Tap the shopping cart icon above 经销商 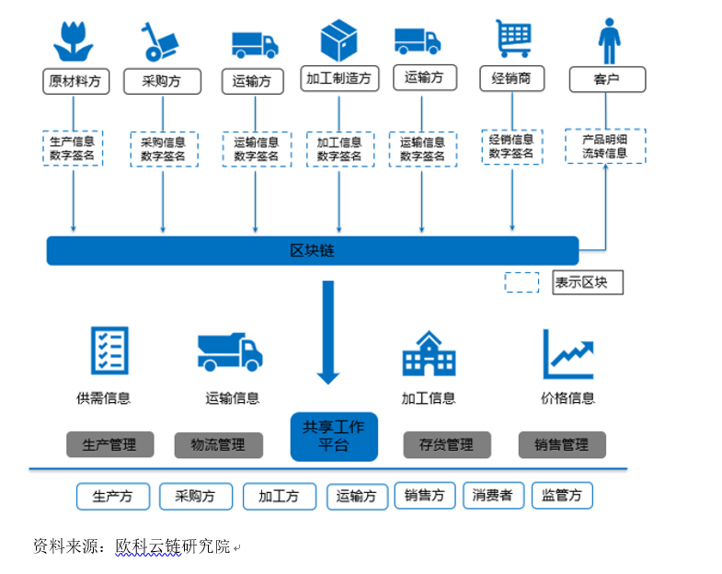point(512,40)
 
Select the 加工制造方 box point(339,78)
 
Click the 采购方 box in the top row point(161,81)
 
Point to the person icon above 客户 point(607,40)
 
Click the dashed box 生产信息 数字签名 point(74,148)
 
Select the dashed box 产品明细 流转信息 point(605,146)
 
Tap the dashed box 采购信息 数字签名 point(163,149)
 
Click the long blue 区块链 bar point(313,250)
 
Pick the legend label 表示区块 point(588,282)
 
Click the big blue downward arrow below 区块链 point(328,332)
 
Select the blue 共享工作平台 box point(334,436)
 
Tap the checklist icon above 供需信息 point(109,351)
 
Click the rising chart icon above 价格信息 point(567,353)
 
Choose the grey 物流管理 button point(218,445)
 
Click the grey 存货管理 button point(446,445)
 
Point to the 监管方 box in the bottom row point(562,496)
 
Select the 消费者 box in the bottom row point(493,496)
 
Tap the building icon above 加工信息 point(428,353)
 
